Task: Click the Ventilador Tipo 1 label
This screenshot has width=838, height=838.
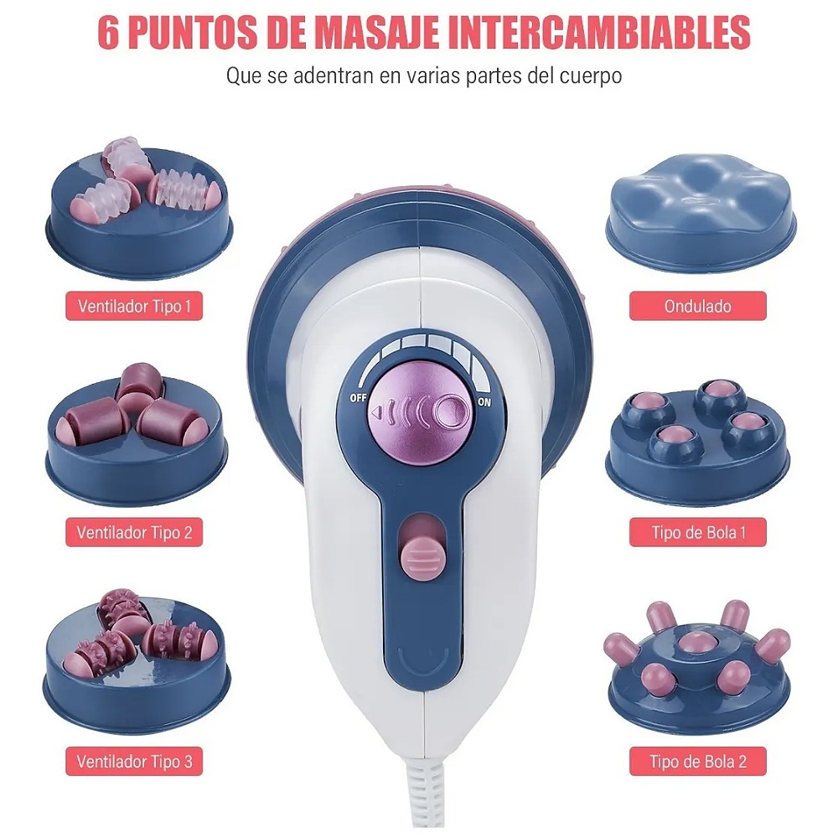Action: tap(134, 307)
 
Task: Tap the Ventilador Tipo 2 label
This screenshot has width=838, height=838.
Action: tap(134, 532)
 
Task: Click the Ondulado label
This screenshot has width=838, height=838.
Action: tap(697, 307)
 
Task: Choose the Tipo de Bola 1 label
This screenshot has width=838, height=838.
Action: tap(697, 532)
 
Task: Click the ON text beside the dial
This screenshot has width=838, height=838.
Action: tap(484, 401)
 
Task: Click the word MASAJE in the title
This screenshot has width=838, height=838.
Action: tap(385, 31)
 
